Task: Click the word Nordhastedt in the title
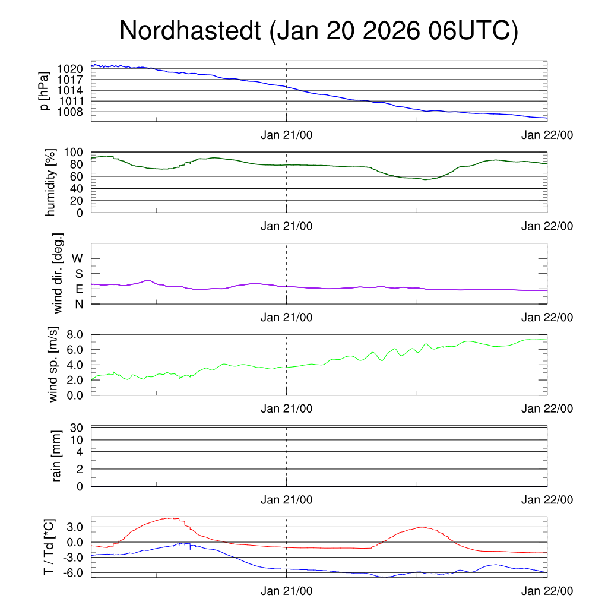pos(191,31)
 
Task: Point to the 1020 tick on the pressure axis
pos(70,69)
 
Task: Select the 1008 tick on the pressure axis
pos(70,112)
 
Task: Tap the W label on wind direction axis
pos(78,258)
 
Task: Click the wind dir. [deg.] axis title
pos(58,273)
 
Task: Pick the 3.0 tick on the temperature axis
pos(74,527)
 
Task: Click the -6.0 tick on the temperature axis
pos(73,572)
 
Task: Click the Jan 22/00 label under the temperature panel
pos(547,591)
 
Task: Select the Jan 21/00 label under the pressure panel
pos(287,135)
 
